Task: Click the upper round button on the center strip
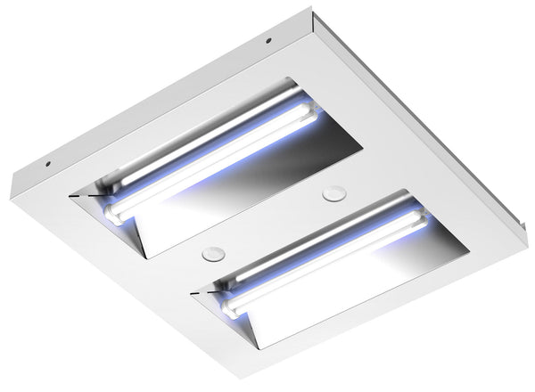(335, 191)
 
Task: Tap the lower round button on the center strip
(211, 253)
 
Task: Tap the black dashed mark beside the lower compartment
(202, 291)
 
